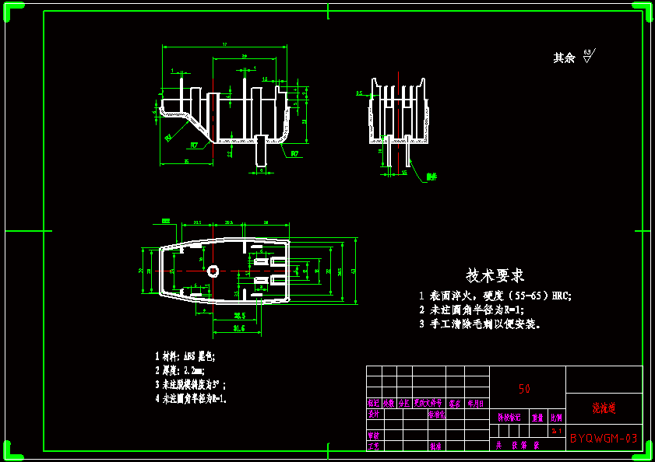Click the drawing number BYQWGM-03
(604, 439)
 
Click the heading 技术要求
(495, 275)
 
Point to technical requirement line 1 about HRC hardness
(495, 296)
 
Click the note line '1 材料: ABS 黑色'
(185, 356)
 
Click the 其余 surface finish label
(564, 58)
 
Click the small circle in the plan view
(213, 271)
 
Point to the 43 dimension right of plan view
(354, 271)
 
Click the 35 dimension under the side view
(186, 161)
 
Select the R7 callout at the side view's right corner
(295, 154)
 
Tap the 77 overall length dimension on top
(224, 45)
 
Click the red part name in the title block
(604, 408)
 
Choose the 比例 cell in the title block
(556, 417)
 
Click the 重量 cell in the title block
(537, 417)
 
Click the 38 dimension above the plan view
(266, 223)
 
